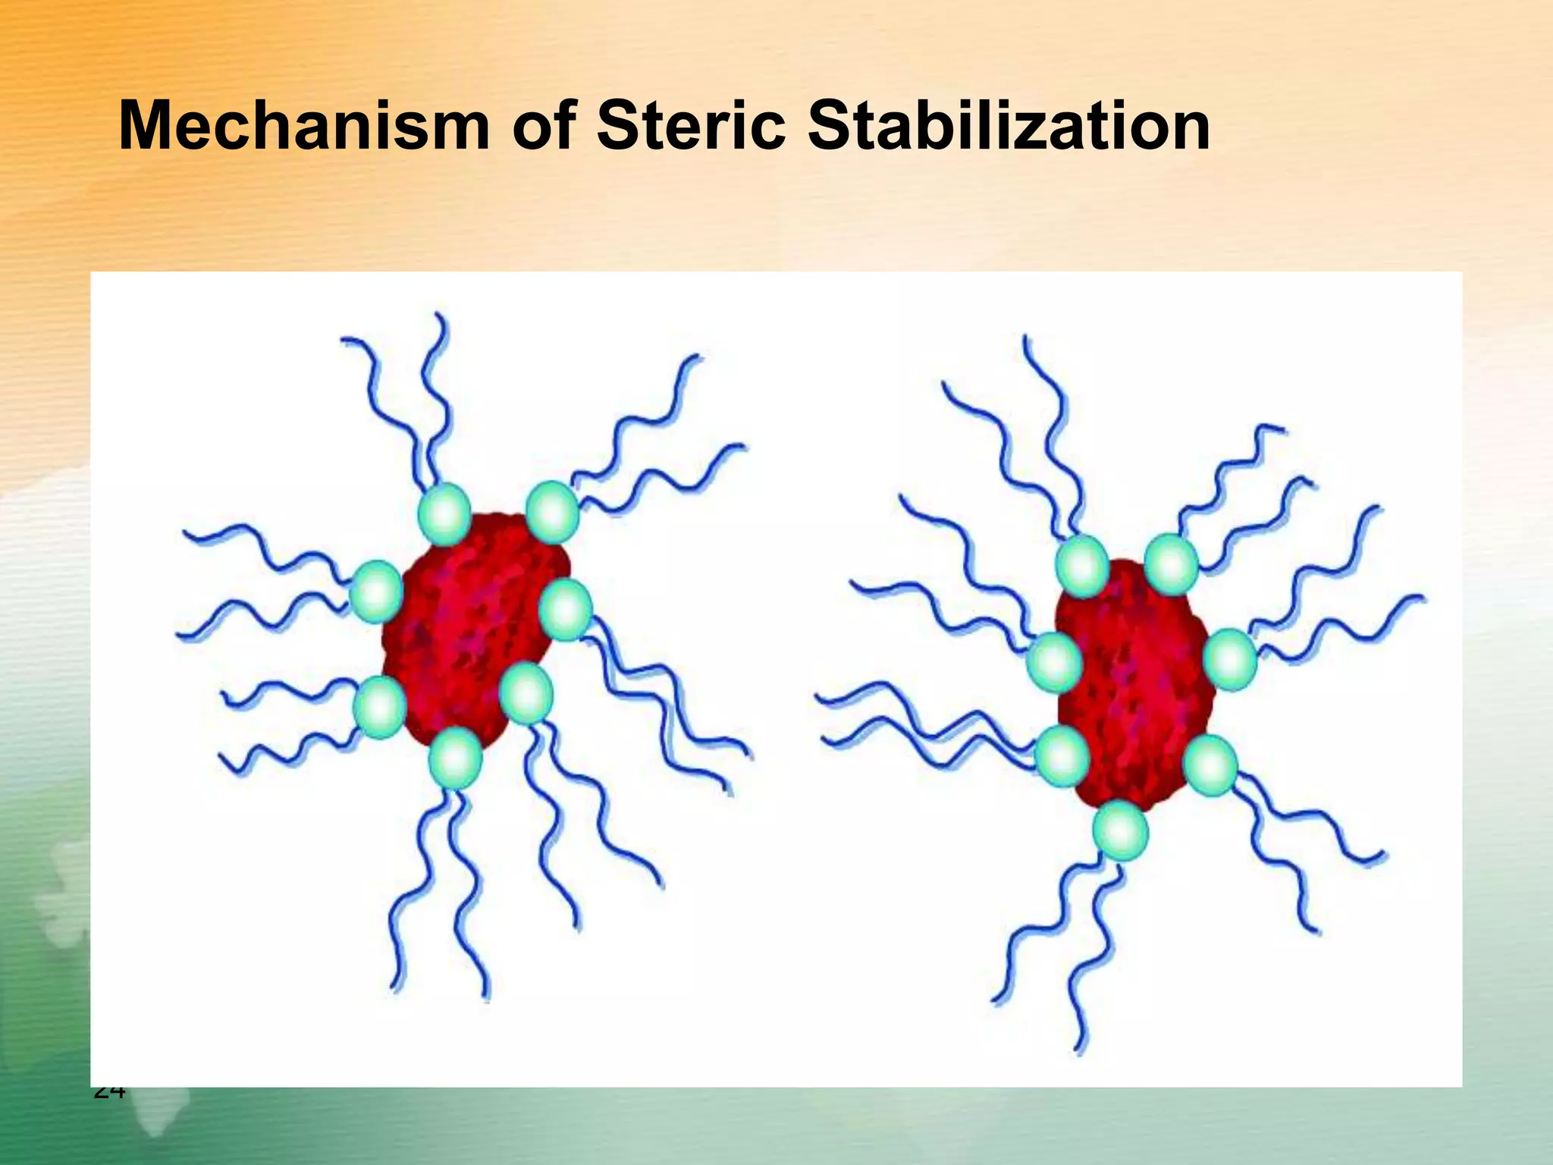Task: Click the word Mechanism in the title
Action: (303, 126)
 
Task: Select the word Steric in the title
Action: (690, 126)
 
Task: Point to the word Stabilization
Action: (1008, 126)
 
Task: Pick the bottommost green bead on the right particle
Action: (1121, 831)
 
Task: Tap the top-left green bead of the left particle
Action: (445, 514)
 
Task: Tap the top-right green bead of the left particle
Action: (552, 512)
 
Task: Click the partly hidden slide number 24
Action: (108, 1092)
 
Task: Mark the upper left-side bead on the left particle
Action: (377, 592)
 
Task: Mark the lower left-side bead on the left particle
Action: (380, 707)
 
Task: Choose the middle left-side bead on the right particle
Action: (1054, 662)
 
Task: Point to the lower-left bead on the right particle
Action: (1062, 756)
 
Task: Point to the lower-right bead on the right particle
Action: (1209, 765)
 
